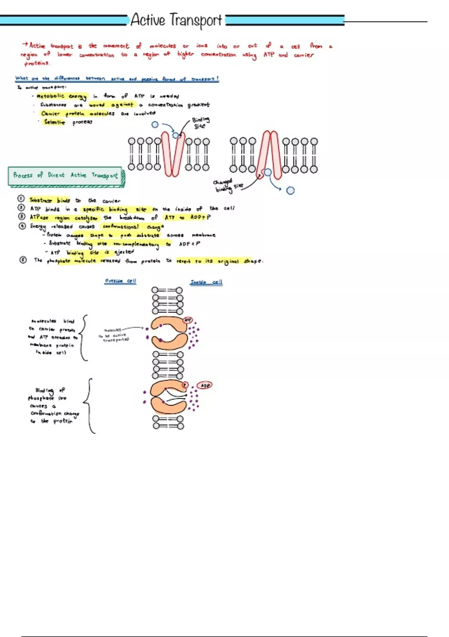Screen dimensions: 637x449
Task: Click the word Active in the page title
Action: coord(148,20)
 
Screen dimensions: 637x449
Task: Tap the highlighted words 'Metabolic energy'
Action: coord(62,96)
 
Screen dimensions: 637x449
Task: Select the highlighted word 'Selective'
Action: coord(55,122)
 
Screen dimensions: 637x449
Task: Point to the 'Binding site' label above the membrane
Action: coord(201,123)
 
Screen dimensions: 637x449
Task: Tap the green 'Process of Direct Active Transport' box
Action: coord(65,176)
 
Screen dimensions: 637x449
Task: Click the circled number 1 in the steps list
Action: coord(21,199)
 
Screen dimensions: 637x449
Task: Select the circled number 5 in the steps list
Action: coord(23,260)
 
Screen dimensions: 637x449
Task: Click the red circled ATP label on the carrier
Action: coord(187,320)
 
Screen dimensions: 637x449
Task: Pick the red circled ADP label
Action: coord(205,385)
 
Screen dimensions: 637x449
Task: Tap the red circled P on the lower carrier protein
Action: coord(185,385)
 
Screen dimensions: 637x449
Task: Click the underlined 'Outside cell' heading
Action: coord(120,281)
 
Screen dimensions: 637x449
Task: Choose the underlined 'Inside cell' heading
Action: coord(206,282)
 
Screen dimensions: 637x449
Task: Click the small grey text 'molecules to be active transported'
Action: coord(115,335)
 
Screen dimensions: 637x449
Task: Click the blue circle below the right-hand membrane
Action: coord(290,190)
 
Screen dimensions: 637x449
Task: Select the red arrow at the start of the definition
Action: coord(25,45)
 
